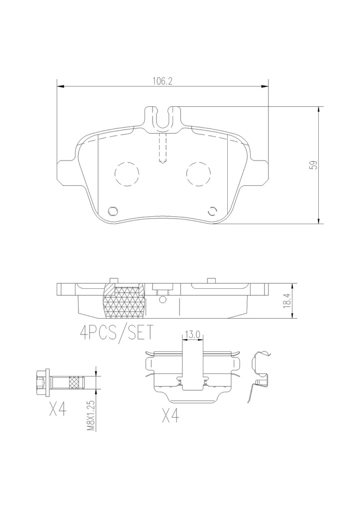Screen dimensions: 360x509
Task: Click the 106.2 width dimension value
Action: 162,81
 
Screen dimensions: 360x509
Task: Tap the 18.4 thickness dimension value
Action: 286,301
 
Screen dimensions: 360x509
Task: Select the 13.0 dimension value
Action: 192,335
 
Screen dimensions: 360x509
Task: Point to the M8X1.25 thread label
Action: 91,415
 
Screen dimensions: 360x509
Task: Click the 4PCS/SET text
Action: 116,333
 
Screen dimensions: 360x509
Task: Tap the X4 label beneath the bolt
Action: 58,409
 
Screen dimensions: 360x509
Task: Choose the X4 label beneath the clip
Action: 171,415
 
